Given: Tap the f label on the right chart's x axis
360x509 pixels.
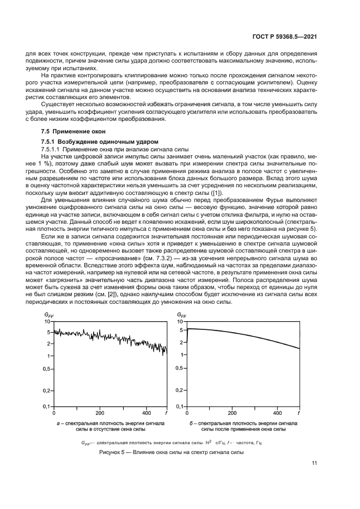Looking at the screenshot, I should pos(299,413).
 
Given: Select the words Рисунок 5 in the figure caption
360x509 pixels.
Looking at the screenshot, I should pos(112,452).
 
